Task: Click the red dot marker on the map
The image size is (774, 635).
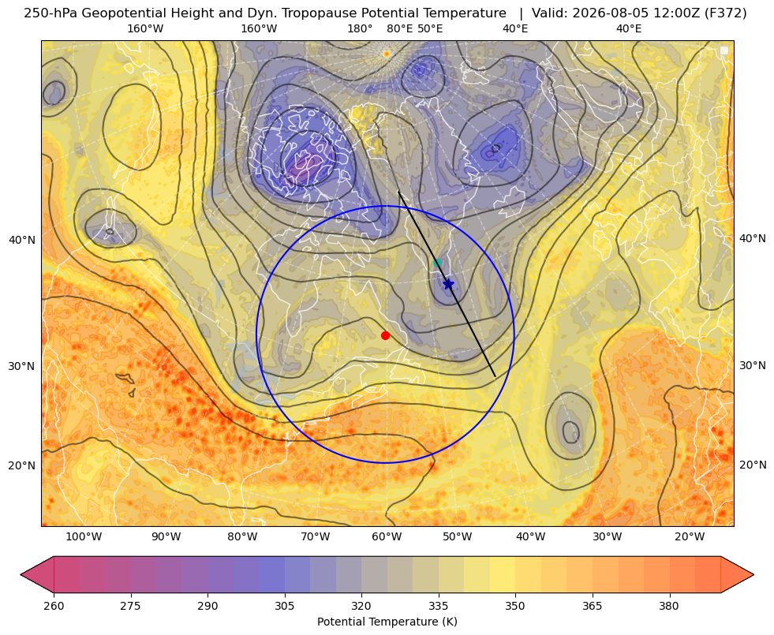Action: pyautogui.click(x=386, y=335)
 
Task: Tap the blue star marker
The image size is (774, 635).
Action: pyautogui.click(x=448, y=284)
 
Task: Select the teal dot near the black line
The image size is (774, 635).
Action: pyautogui.click(x=437, y=263)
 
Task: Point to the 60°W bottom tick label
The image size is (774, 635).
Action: pyautogui.click(x=387, y=537)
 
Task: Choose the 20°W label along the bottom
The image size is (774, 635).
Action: pyautogui.click(x=690, y=537)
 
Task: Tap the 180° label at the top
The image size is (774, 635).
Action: pyautogui.click(x=360, y=28)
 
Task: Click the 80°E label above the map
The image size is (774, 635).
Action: pyautogui.click(x=400, y=28)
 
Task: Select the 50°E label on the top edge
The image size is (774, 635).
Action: pyautogui.click(x=430, y=28)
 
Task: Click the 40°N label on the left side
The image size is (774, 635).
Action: pyautogui.click(x=22, y=241)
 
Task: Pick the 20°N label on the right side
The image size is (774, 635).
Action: pyautogui.click(x=753, y=465)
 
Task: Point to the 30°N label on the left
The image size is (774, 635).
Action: pyautogui.click(x=22, y=366)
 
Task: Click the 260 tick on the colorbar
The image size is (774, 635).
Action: pyautogui.click(x=54, y=606)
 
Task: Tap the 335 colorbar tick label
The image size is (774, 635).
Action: pyautogui.click(x=439, y=606)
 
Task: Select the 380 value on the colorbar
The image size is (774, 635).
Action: pyautogui.click(x=669, y=606)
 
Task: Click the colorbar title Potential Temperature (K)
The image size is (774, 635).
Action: pyautogui.click(x=387, y=622)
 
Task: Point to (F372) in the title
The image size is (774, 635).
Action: pyautogui.click(x=725, y=13)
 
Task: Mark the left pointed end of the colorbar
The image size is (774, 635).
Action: pyautogui.click(x=21, y=574)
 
